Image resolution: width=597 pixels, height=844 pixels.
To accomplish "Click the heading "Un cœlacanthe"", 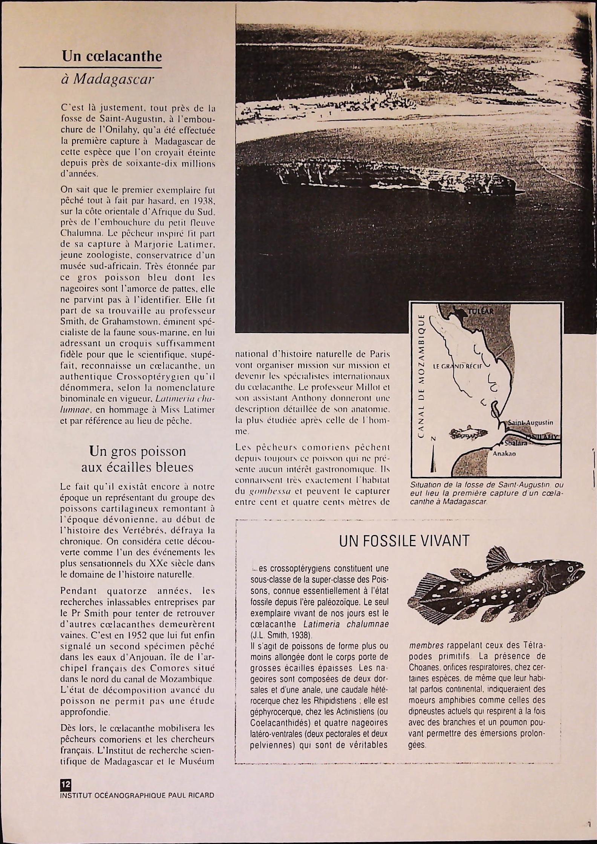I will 112,57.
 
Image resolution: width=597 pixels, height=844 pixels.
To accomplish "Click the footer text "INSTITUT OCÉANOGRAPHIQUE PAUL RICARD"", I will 137,796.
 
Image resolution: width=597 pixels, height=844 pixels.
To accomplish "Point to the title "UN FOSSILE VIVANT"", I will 404,541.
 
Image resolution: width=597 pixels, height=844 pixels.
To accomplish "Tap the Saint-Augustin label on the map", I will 530,423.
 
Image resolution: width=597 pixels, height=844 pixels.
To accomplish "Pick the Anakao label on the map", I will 504,454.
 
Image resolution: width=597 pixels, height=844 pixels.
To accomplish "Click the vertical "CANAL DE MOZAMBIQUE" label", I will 422,375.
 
